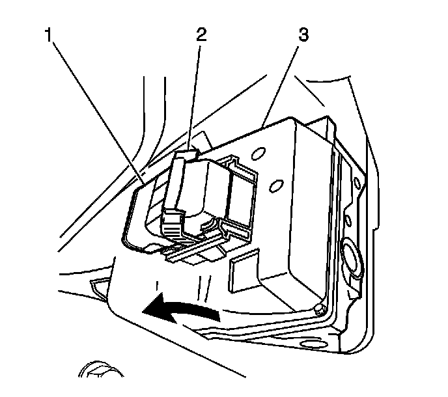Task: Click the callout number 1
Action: coord(49,34)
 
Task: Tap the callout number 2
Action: coord(201,34)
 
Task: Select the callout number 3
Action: coord(302,34)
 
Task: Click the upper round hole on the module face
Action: coord(259,155)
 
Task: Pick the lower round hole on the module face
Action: coord(278,185)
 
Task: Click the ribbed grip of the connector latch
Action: coord(171,228)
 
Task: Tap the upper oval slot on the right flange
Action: coord(357,178)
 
